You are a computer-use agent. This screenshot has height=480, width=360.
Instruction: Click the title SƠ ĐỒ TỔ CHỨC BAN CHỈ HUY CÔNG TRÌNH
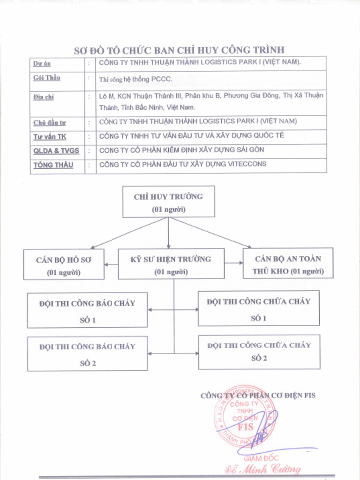[179, 50]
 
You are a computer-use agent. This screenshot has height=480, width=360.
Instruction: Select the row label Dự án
[42, 63]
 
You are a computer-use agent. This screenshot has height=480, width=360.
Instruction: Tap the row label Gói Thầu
[46, 78]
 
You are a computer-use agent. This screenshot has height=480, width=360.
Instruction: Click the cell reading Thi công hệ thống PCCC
[136, 79]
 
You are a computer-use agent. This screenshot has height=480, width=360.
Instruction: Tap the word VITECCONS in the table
[247, 164]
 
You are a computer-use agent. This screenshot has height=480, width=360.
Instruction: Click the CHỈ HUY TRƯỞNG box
[168, 202]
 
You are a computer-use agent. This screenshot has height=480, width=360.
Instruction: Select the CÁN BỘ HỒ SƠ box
[64, 265]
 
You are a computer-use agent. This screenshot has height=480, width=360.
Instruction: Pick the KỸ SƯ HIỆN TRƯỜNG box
[171, 264]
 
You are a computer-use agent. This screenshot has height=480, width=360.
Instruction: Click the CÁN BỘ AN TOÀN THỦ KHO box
[288, 264]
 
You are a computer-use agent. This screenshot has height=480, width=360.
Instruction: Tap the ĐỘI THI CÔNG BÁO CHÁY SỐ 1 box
[87, 310]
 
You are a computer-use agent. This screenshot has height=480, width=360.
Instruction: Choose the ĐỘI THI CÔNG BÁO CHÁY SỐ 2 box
[87, 353]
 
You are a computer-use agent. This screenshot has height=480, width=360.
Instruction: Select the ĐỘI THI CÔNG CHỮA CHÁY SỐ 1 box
[259, 308]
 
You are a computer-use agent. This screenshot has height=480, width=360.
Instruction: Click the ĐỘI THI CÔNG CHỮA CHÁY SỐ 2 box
[259, 352]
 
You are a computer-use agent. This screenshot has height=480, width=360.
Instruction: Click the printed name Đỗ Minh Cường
[262, 469]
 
